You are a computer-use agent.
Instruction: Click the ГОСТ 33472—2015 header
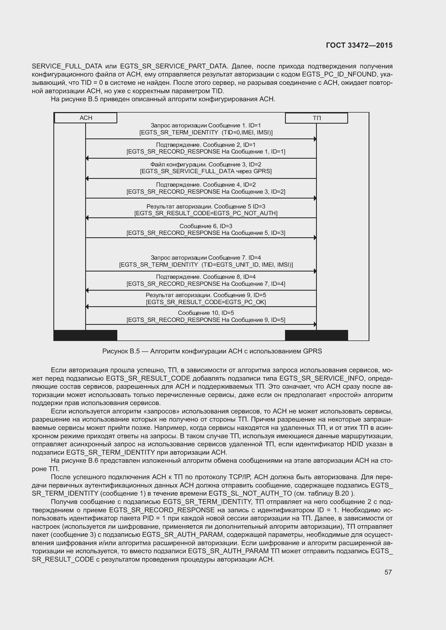(359, 45)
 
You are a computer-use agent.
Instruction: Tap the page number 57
(388, 572)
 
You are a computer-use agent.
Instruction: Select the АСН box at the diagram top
(86, 118)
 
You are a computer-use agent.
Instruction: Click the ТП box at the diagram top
(316, 118)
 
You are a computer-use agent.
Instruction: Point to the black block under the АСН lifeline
(85, 335)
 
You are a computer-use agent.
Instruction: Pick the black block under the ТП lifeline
(316, 335)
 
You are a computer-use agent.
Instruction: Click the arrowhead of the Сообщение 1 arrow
(315, 139)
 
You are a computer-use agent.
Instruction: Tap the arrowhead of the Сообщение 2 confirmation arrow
(87, 158)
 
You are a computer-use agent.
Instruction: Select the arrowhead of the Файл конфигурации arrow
(87, 179)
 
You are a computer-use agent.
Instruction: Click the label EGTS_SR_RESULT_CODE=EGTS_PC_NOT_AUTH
(206, 213)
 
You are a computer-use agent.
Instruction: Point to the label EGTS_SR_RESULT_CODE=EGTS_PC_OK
(206, 302)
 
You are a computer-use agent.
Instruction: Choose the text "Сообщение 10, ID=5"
(206, 313)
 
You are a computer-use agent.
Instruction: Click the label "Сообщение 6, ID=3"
(206, 226)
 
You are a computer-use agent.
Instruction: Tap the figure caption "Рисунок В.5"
(121, 351)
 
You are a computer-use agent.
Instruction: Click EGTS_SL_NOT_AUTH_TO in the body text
(250, 493)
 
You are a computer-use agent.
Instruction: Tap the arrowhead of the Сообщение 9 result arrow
(87, 307)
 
